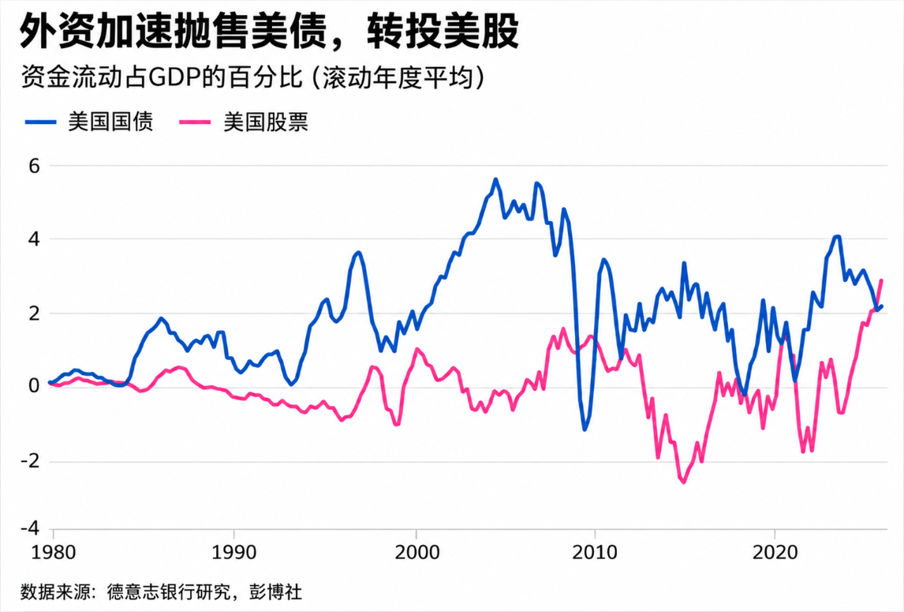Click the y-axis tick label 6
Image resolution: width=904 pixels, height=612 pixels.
tap(34, 167)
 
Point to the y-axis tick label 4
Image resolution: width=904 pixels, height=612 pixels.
tap(34, 239)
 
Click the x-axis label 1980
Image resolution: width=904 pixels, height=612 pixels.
tap(53, 552)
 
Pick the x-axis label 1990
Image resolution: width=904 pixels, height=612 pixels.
tap(234, 552)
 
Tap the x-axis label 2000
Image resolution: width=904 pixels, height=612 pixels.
tap(417, 552)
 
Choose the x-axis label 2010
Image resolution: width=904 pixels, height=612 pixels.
tap(595, 552)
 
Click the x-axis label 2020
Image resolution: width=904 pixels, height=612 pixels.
tap(775, 552)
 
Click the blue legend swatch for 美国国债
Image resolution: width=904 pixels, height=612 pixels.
tap(40, 122)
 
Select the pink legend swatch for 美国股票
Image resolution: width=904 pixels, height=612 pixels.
tap(195, 122)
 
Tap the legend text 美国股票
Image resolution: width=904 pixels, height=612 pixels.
tap(266, 122)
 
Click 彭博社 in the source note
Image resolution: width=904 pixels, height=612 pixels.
tap(275, 592)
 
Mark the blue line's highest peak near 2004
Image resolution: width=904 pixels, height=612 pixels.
tap(495, 179)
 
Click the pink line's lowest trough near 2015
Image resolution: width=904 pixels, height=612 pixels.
tap(684, 482)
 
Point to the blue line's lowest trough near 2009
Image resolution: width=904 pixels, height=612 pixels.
tap(585, 430)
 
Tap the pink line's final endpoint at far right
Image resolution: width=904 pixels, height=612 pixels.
tap(881, 280)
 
